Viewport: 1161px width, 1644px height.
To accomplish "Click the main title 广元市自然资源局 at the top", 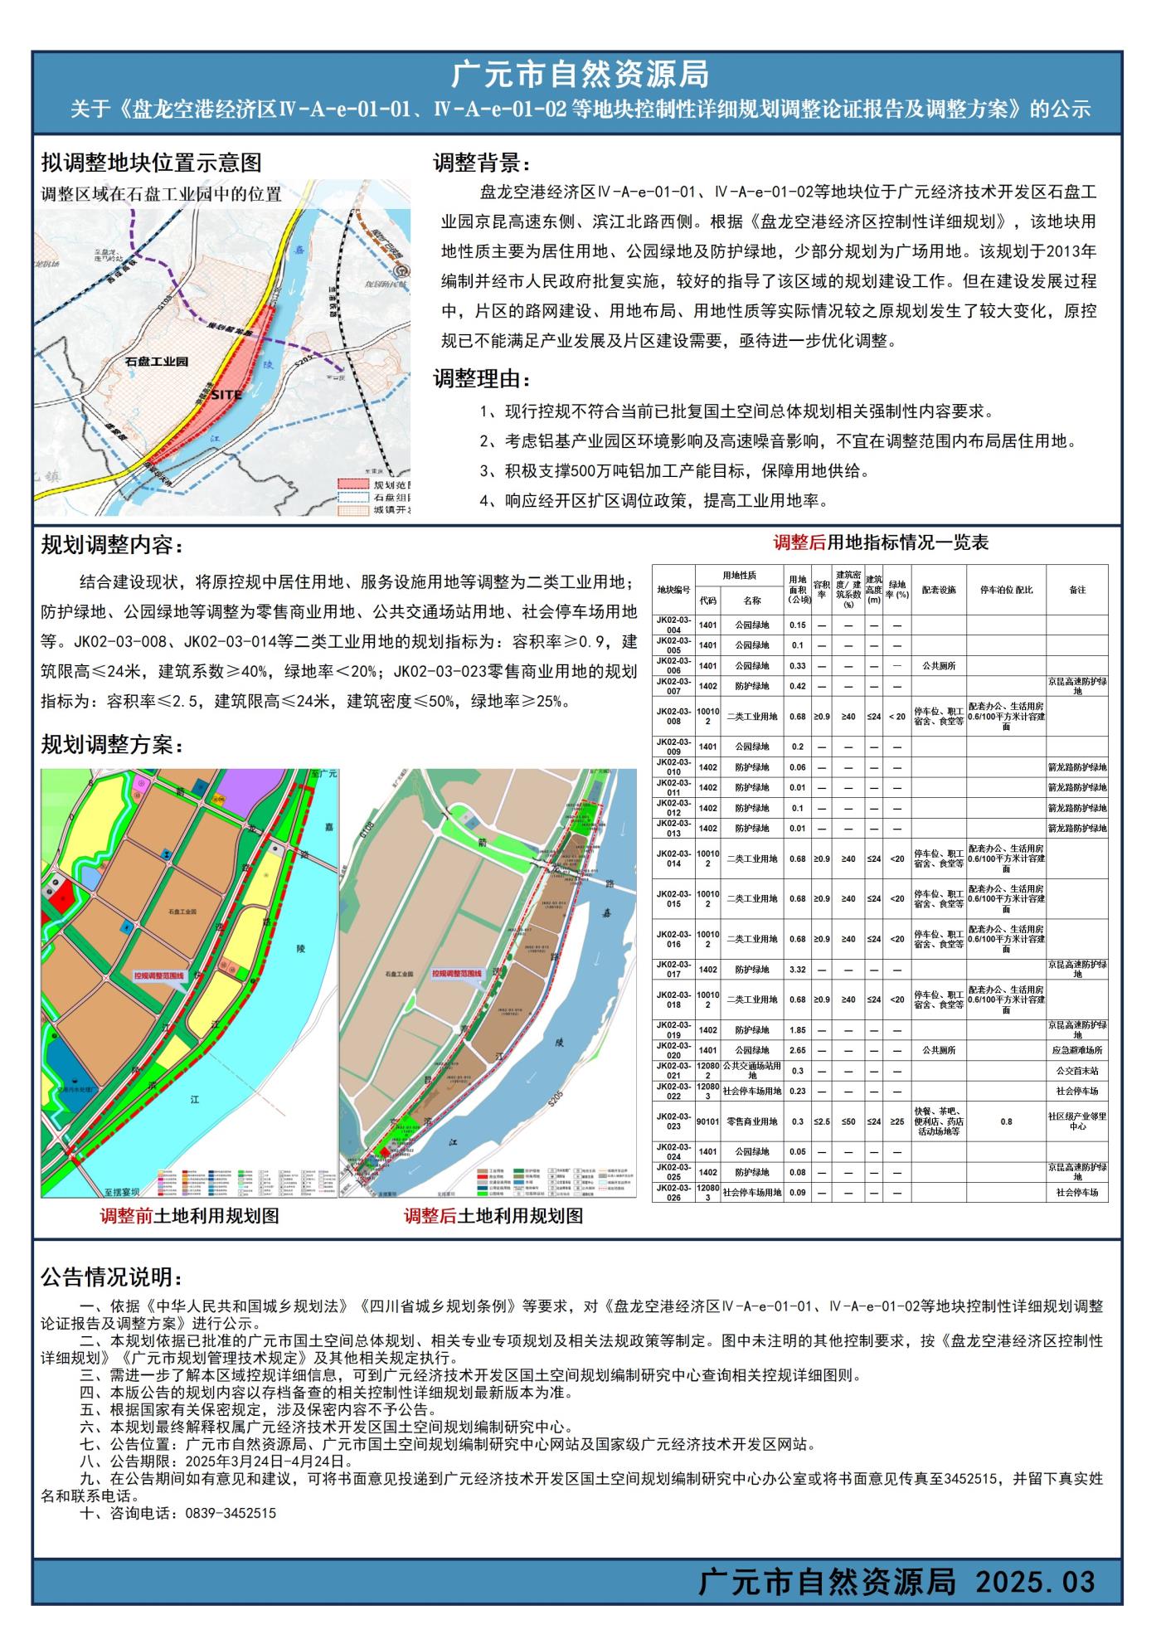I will click(580, 75).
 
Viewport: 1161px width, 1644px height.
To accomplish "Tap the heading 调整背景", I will click(481, 163).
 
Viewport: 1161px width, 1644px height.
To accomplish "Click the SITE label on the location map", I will click(226, 396).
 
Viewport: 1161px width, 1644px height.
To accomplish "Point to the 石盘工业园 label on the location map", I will click(157, 362).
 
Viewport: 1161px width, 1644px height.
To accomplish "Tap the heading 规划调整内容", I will click(111, 546).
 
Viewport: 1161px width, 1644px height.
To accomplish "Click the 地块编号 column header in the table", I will click(673, 590).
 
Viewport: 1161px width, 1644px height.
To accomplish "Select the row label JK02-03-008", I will click(673, 716).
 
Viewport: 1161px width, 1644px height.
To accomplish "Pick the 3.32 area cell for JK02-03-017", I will click(797, 969).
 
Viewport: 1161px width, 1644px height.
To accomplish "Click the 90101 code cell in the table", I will click(707, 1121).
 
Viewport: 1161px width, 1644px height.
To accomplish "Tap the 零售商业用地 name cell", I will click(751, 1121).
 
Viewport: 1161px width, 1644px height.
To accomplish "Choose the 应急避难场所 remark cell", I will click(1076, 1050).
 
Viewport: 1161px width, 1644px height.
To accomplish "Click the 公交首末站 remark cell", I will click(1076, 1071).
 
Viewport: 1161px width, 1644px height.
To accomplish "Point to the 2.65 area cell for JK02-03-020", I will click(797, 1050).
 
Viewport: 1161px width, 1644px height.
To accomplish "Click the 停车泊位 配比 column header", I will click(1006, 590).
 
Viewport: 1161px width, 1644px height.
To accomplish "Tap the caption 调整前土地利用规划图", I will click(189, 1217).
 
